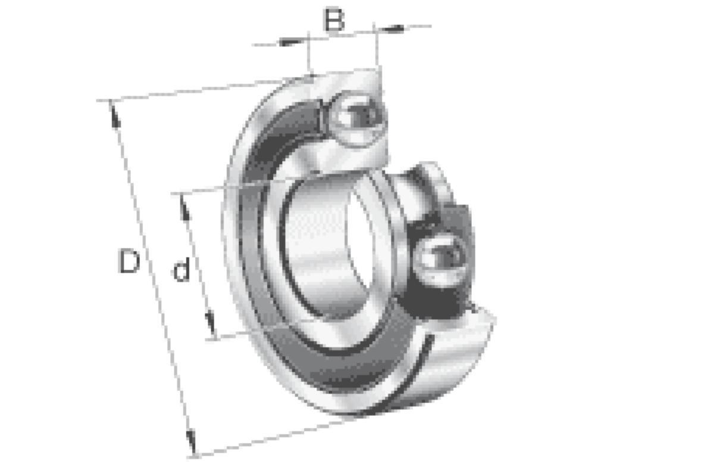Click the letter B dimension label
coord(334,20)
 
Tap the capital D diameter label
coord(129,261)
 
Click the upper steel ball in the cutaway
coord(358,119)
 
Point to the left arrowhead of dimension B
coord(291,42)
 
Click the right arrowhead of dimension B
coord(392,29)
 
